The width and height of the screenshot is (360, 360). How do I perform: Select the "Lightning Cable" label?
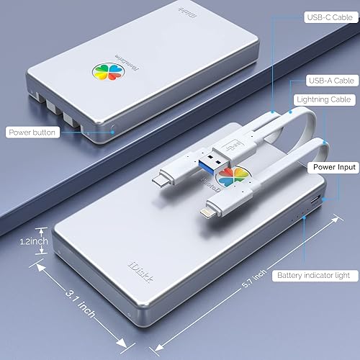click(322, 99)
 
